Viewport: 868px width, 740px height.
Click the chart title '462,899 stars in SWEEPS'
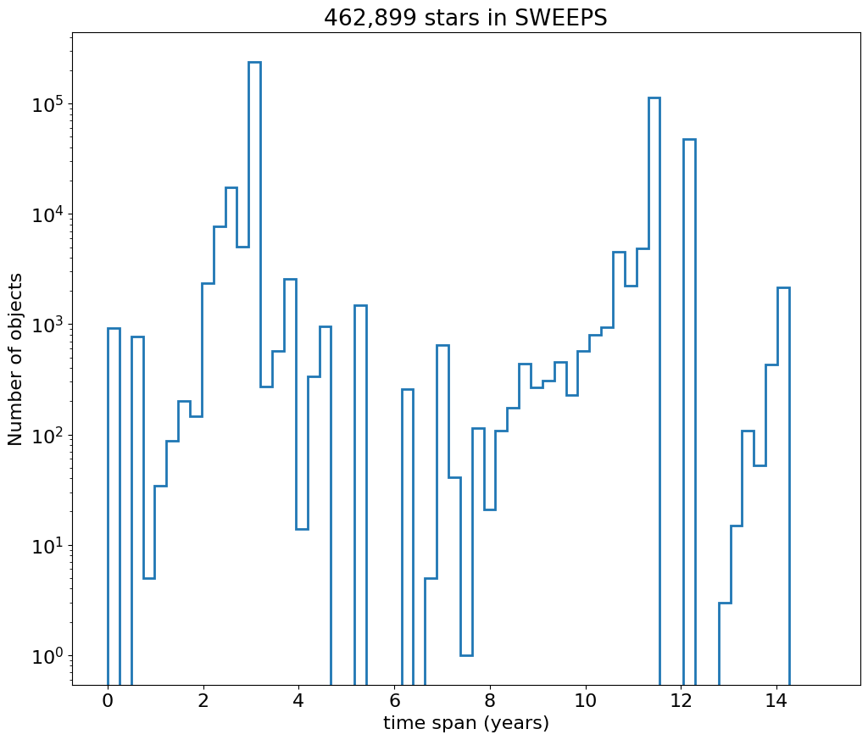pos(465,18)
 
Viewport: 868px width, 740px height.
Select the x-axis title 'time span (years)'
pos(465,723)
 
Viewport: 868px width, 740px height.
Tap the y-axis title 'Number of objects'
pos(16,359)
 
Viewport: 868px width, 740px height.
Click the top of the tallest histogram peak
pos(254,62)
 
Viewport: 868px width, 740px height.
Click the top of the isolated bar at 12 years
pos(689,139)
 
